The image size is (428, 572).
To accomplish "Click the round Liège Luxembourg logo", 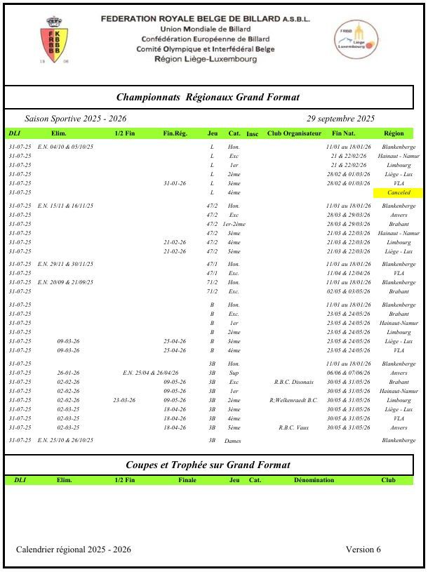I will pyautogui.click(x=356, y=40).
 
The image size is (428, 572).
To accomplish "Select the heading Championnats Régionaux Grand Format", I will pyautogui.click(x=208, y=98).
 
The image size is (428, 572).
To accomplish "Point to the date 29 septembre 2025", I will pyautogui.click(x=340, y=119).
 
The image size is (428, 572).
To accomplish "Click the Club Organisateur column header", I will pyautogui.click(x=294, y=133).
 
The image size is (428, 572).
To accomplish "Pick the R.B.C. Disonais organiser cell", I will pyautogui.click(x=294, y=382).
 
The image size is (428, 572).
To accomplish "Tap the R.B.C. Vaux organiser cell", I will pyautogui.click(x=294, y=427).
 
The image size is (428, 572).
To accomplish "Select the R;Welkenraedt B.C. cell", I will pyautogui.click(x=294, y=400).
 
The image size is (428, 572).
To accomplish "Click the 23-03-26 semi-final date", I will pyautogui.click(x=124, y=400).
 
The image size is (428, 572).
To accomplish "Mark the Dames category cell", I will pyautogui.click(x=232, y=441).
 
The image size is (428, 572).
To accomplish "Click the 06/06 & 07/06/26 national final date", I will pyautogui.click(x=348, y=373).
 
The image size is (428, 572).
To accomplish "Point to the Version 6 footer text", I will pyautogui.click(x=363, y=550).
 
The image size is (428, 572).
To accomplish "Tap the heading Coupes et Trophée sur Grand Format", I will pyautogui.click(x=208, y=465).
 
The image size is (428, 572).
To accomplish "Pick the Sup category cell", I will pyautogui.click(x=233, y=373).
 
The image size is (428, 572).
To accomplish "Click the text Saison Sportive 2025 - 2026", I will pyautogui.click(x=76, y=119).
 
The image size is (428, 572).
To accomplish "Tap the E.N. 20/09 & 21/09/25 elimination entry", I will pyautogui.click(x=65, y=281).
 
